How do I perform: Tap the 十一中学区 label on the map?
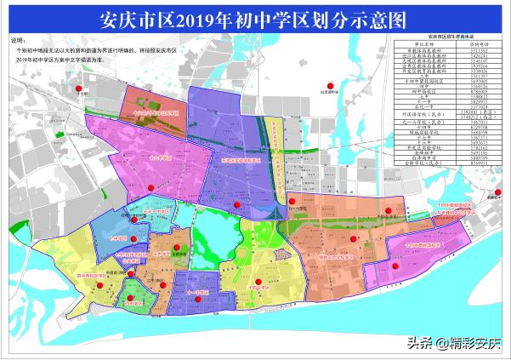195,290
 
